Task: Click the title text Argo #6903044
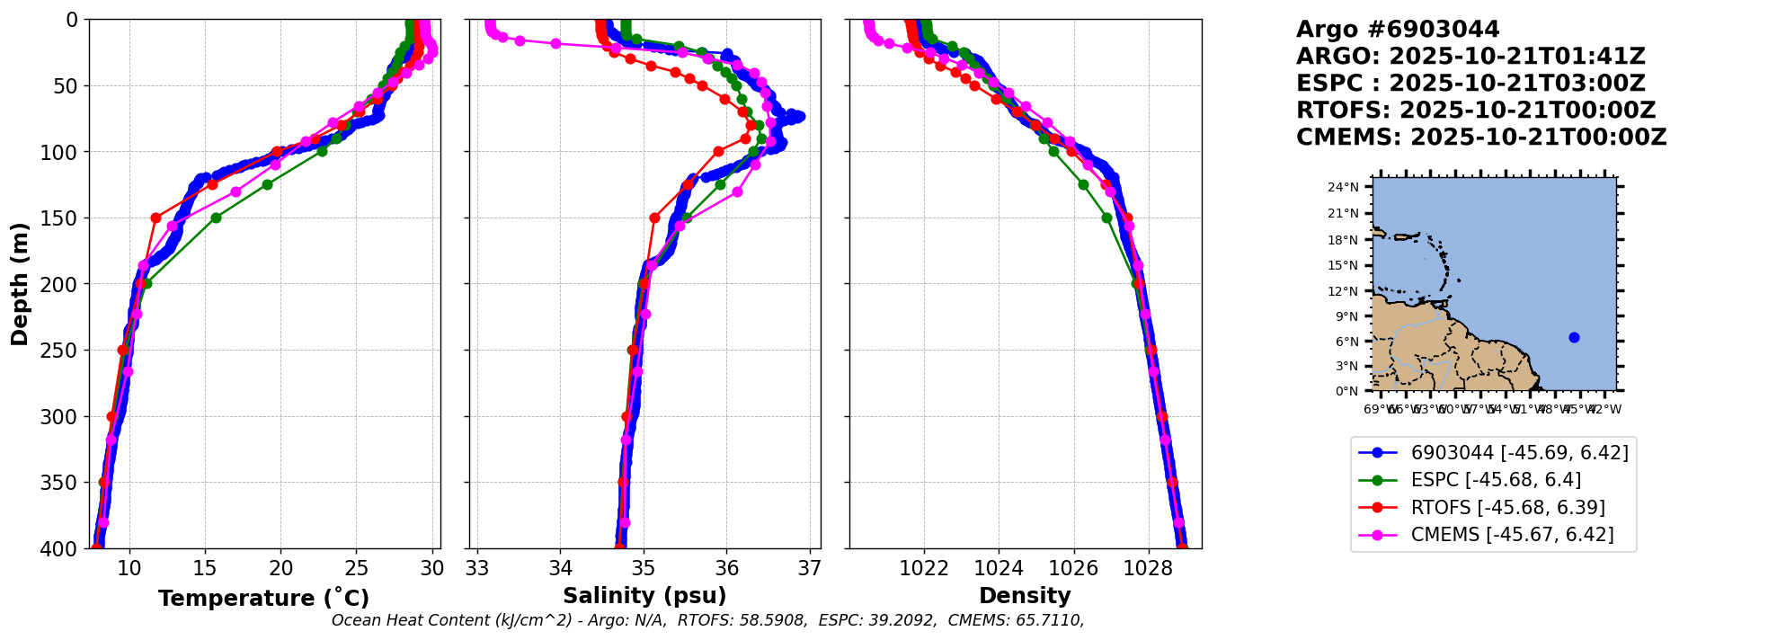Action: click(x=1398, y=30)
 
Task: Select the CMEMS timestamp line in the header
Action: click(x=1480, y=138)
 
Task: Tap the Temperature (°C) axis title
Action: click(x=263, y=598)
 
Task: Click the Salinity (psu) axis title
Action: click(x=644, y=596)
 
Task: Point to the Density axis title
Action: click(x=1025, y=596)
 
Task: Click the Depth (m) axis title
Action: click(x=20, y=283)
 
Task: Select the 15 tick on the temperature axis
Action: click(x=206, y=568)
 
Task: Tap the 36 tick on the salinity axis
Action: click(x=726, y=568)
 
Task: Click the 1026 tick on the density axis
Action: click(x=1074, y=568)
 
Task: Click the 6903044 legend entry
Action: click(x=1519, y=453)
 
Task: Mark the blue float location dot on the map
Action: click(x=1574, y=338)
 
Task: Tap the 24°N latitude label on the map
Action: click(x=1343, y=187)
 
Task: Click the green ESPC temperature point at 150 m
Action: click(x=216, y=218)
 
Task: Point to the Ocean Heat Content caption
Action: click(x=707, y=620)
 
